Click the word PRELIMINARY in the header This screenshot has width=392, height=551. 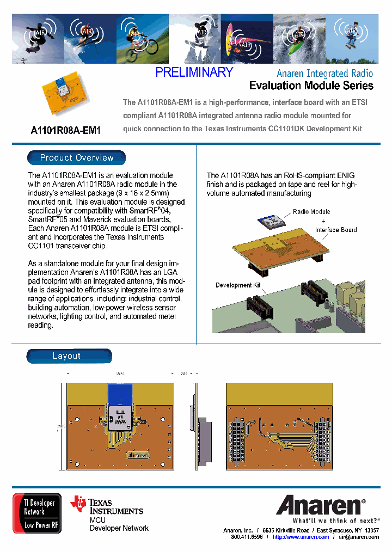(194, 72)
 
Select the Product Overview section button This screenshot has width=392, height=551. (77, 158)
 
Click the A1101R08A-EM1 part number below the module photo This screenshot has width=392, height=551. (66, 131)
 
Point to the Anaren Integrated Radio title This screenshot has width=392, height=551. (324, 73)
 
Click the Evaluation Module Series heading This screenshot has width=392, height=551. (311, 85)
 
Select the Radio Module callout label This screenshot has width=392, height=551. (311, 212)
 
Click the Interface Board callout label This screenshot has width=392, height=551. (336, 230)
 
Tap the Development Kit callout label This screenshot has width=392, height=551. (234, 285)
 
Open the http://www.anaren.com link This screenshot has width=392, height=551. (301, 537)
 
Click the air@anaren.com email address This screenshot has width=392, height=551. (358, 537)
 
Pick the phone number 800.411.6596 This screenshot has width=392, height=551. (247, 537)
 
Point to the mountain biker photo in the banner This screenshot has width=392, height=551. (142, 39)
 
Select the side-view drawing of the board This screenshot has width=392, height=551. (198, 425)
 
